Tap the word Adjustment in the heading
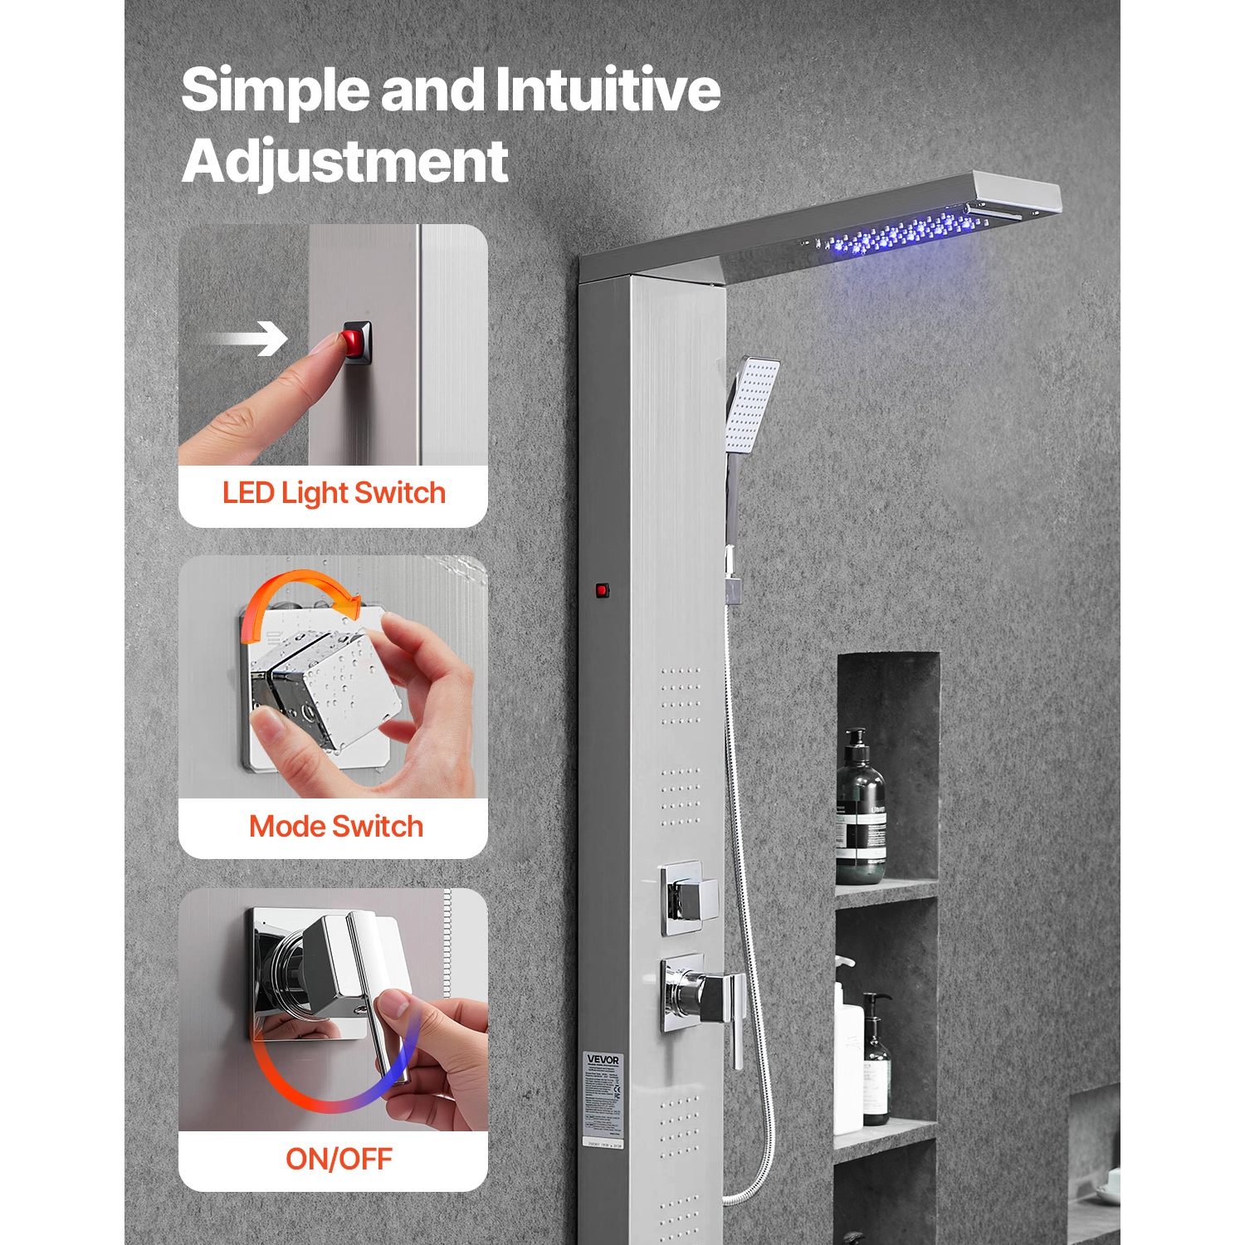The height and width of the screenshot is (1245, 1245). [344, 162]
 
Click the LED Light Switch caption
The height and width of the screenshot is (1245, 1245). [334, 493]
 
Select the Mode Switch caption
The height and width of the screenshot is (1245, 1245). [336, 827]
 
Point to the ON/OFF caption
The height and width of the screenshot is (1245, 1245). [339, 1159]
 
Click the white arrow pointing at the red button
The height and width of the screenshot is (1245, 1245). [248, 339]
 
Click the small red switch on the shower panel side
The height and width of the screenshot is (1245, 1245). [602, 591]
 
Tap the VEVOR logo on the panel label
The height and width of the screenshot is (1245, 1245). [603, 1060]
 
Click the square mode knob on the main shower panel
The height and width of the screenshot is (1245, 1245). [689, 897]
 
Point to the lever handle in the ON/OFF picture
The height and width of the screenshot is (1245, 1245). [378, 1013]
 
